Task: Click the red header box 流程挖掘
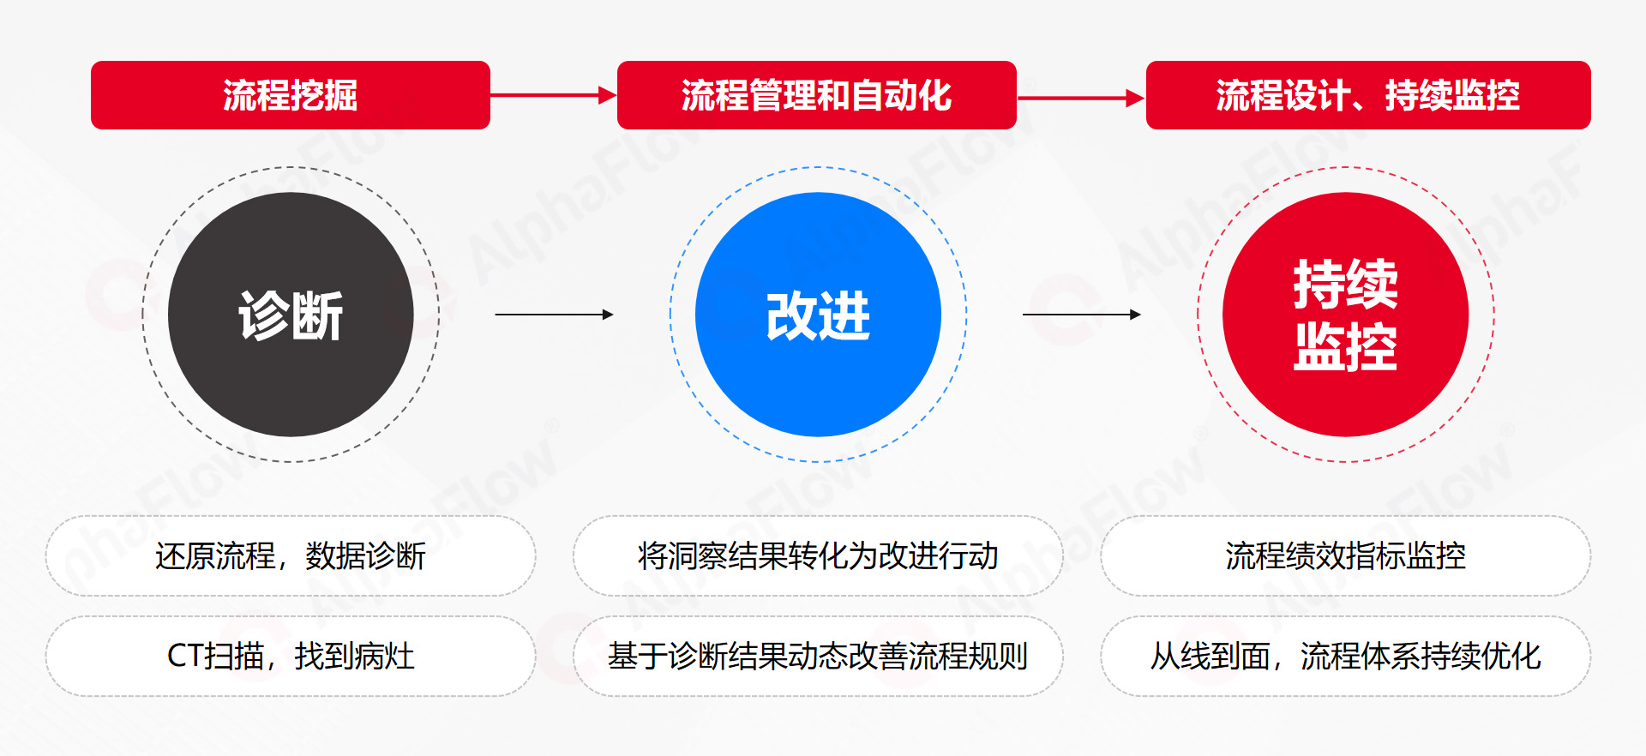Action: (x=291, y=95)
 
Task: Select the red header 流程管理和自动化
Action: (x=817, y=95)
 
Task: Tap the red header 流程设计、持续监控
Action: (x=1368, y=95)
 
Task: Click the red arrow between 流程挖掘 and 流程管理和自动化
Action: (x=554, y=95)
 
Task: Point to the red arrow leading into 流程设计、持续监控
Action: (x=1081, y=98)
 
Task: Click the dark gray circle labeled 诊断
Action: (x=291, y=315)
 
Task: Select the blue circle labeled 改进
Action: (x=818, y=315)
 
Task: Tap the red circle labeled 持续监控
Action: (x=1345, y=315)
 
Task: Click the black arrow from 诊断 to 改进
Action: (x=555, y=315)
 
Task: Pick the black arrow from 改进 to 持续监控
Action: (x=1082, y=315)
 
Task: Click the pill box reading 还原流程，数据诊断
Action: (x=291, y=556)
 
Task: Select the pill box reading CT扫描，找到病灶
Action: (x=291, y=657)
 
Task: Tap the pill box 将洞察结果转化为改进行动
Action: (x=818, y=556)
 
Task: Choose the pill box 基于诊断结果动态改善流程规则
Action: (x=818, y=657)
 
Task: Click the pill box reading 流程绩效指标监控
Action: (x=1345, y=556)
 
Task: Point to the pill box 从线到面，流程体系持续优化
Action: (x=1345, y=657)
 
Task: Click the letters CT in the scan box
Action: (x=185, y=657)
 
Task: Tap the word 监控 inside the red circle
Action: (x=1345, y=347)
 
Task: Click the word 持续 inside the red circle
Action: (x=1345, y=284)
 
